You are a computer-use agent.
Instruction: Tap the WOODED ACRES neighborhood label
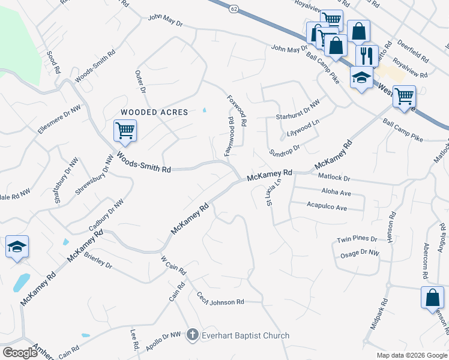pyautogui.click(x=154, y=112)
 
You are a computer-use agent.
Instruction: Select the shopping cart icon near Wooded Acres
pyautogui.click(x=125, y=130)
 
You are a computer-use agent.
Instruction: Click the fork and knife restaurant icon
pyautogui.click(x=366, y=56)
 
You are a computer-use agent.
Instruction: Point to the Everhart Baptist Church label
pyautogui.click(x=246, y=335)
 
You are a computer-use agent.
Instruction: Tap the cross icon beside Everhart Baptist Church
pyautogui.click(x=192, y=335)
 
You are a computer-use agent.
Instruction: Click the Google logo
pyautogui.click(x=20, y=352)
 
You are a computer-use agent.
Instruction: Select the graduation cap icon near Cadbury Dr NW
pyautogui.click(x=17, y=247)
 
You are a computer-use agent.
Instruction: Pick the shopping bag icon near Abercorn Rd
pyautogui.click(x=432, y=298)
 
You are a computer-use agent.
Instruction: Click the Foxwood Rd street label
pyautogui.click(x=237, y=110)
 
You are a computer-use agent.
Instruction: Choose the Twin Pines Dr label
pyautogui.click(x=357, y=239)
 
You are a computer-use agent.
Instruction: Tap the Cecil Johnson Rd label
pyautogui.click(x=220, y=300)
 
